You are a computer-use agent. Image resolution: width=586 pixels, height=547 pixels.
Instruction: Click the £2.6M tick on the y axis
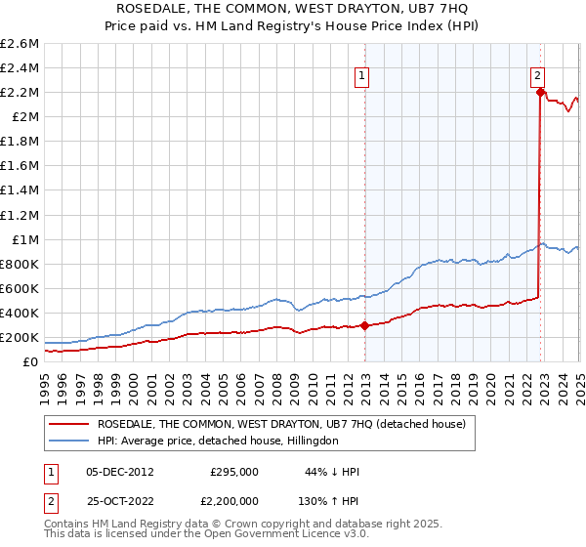point(20,44)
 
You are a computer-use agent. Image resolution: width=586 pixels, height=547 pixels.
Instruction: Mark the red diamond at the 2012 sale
point(364,326)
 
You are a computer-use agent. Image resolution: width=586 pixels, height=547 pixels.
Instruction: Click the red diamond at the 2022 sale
point(540,93)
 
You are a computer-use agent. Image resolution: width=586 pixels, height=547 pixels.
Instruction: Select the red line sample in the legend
point(69,424)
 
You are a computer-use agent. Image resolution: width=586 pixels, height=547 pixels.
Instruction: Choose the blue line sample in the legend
point(69,441)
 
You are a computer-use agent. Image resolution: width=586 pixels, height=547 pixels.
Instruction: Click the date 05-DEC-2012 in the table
point(120,471)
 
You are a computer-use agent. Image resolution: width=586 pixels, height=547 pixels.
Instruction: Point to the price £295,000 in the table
point(234,471)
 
